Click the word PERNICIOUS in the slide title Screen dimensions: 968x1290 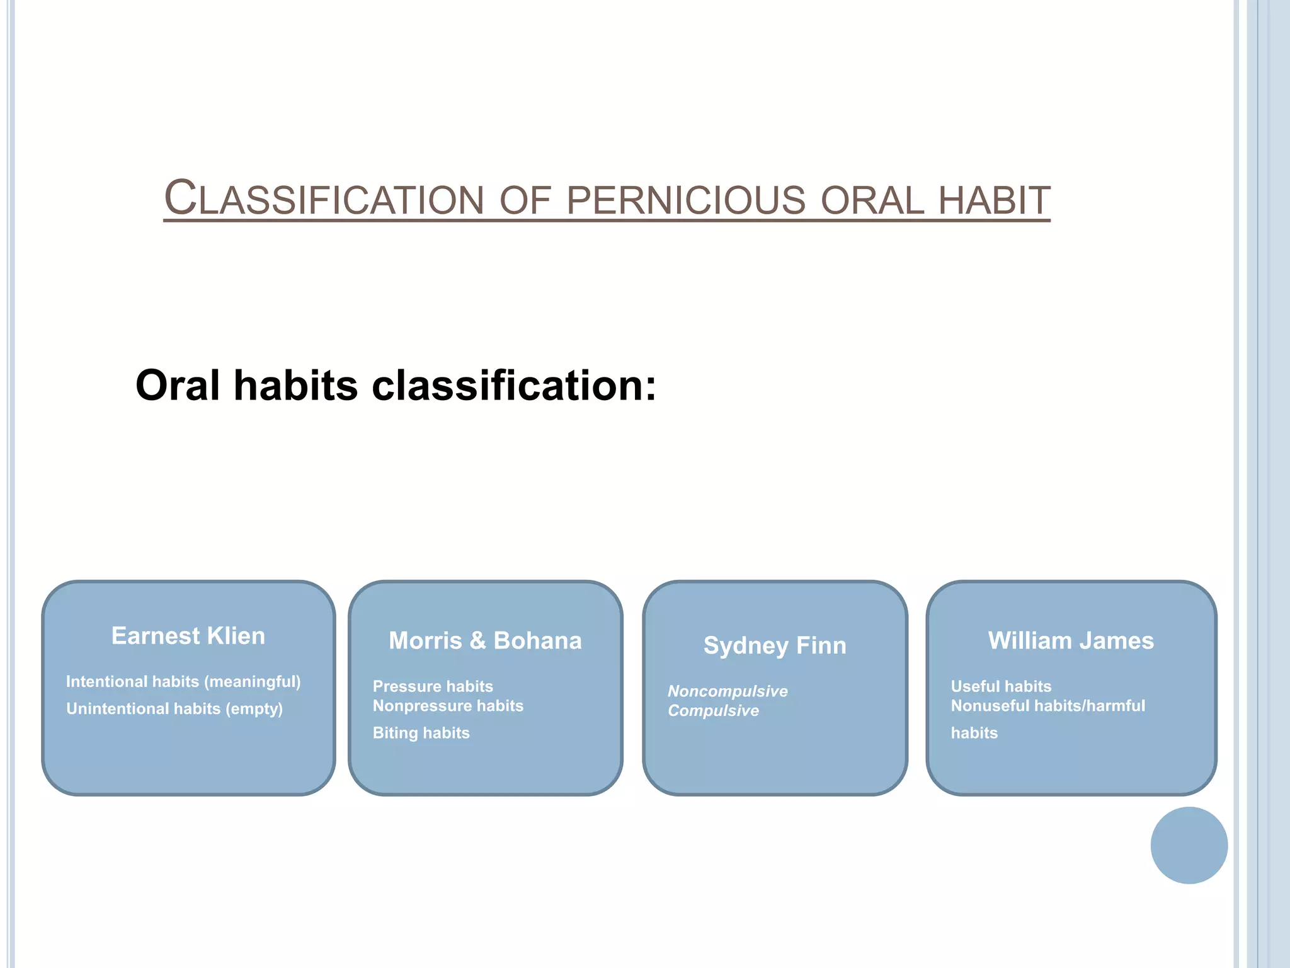(686, 200)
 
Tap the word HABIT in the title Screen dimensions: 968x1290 (994, 200)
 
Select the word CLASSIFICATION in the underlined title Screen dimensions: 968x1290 (324, 199)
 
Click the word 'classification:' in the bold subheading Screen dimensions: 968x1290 (514, 385)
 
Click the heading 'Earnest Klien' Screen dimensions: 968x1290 (188, 636)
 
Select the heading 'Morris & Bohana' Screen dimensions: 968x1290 (485, 640)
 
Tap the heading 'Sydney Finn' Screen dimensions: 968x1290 (775, 645)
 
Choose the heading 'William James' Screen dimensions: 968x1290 (1071, 640)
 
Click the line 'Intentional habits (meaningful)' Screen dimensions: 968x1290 (183, 681)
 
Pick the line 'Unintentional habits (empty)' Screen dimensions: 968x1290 (174, 708)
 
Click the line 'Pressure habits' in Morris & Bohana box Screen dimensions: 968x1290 (433, 686)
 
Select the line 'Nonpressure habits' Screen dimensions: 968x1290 (448, 706)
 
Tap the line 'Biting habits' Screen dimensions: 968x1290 (421, 733)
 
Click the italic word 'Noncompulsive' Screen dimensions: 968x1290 (728, 691)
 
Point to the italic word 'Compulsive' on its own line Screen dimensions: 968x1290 (713, 711)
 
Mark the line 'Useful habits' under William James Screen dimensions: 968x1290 (1001, 686)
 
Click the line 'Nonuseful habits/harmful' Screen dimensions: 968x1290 (1047, 706)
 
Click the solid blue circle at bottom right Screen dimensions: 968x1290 (1189, 845)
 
